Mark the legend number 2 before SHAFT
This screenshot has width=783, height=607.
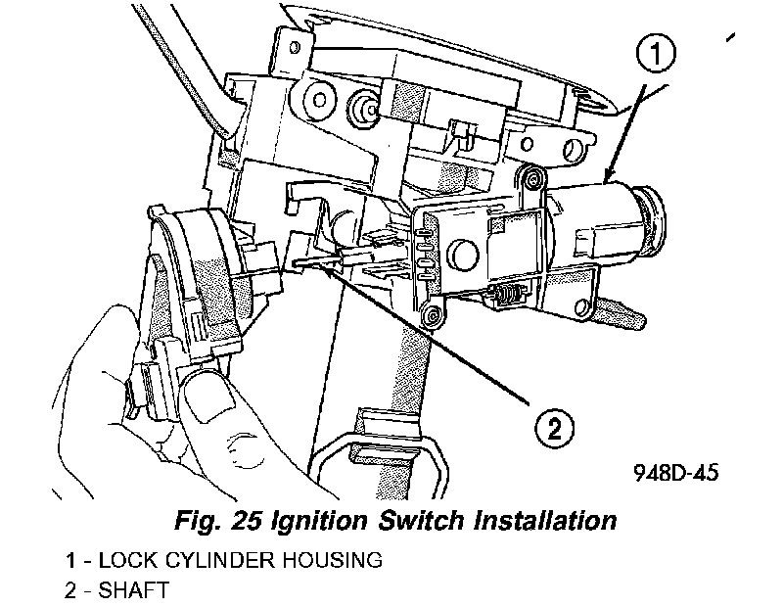tap(71, 589)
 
